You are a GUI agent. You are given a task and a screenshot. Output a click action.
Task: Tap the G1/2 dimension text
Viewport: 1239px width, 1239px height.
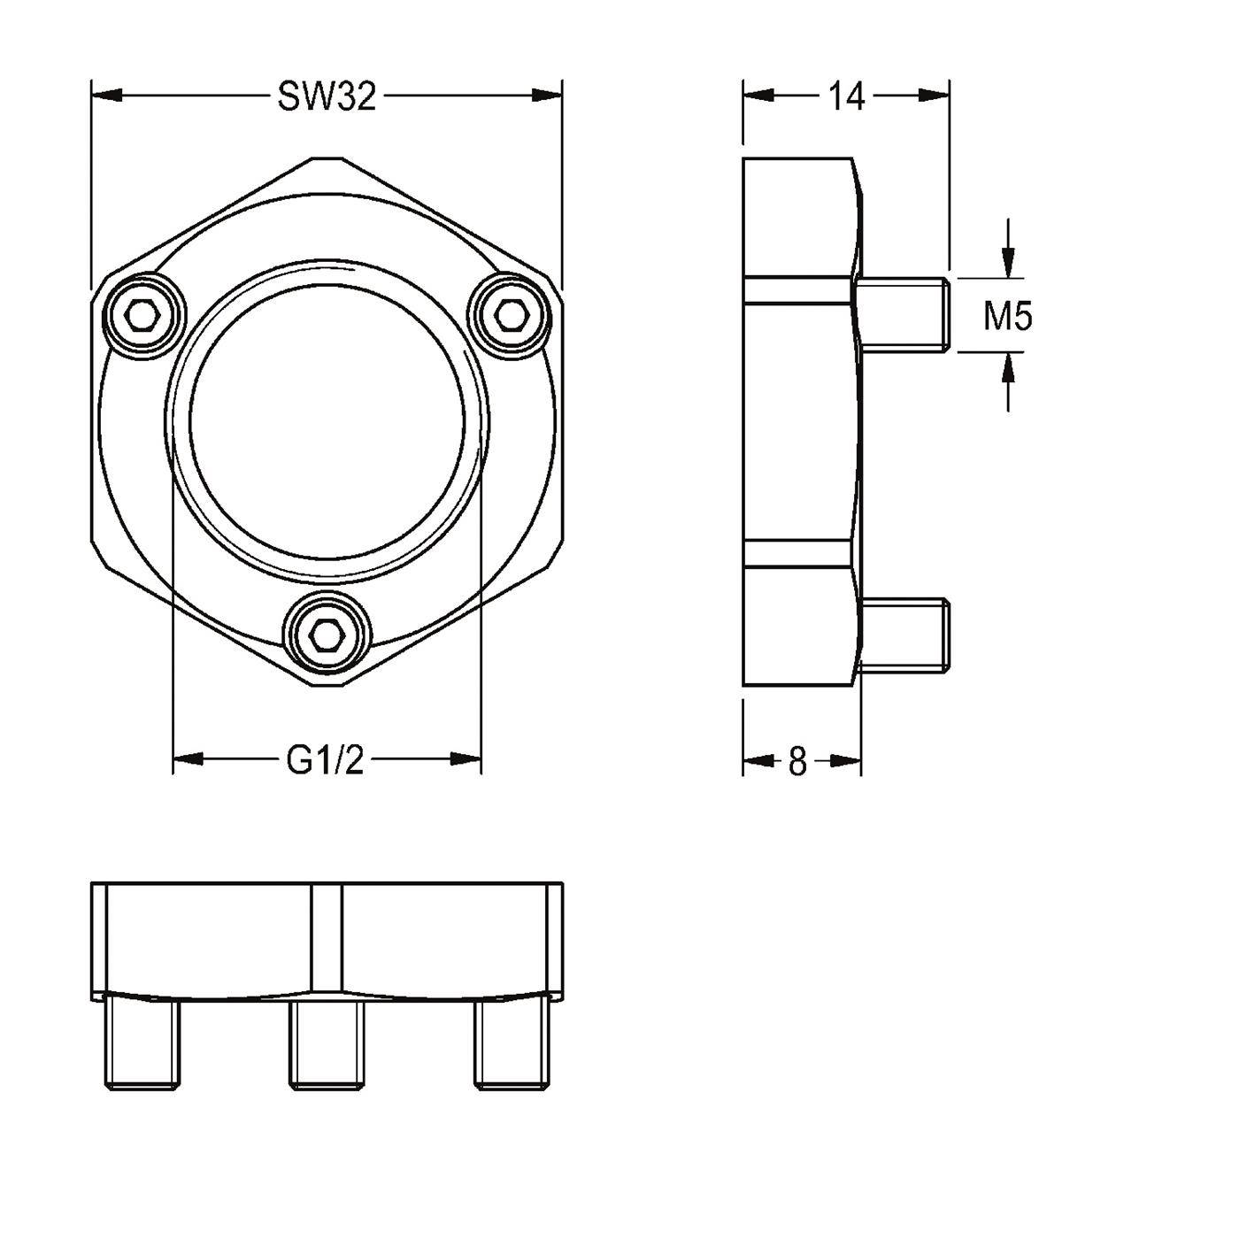(326, 761)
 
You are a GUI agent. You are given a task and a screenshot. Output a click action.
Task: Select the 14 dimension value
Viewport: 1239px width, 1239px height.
(845, 97)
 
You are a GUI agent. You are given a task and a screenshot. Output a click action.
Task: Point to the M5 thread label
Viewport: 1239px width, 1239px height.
(1007, 317)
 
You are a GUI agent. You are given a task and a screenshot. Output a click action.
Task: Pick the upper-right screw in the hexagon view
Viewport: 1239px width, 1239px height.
(511, 314)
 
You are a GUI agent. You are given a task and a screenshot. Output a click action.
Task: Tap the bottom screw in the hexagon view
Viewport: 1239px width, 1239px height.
(327, 635)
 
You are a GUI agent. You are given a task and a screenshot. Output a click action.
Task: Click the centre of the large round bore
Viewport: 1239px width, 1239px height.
(327, 422)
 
